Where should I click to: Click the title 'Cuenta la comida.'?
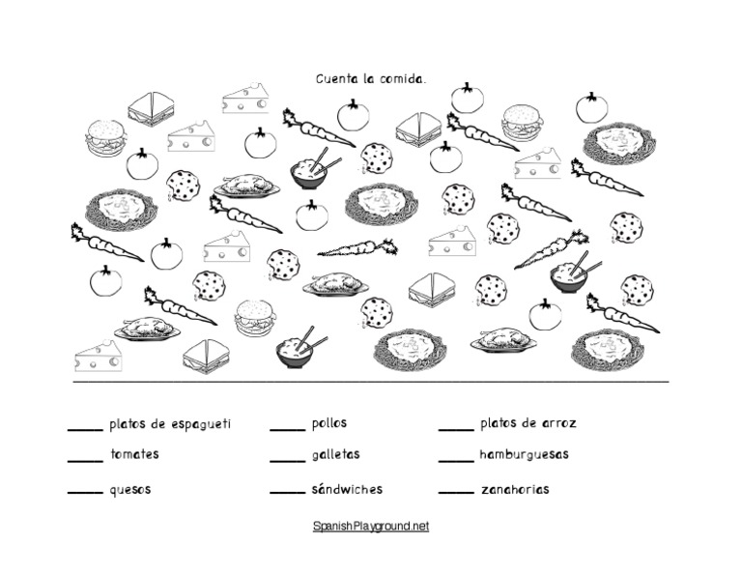(371, 78)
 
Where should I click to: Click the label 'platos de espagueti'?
(170, 424)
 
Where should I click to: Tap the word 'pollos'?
(329, 423)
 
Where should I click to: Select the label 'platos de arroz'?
(528, 423)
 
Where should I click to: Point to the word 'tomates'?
(135, 454)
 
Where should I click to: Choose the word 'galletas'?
(336, 455)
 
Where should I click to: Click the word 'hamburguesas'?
(525, 455)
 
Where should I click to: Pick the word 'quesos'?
(130, 490)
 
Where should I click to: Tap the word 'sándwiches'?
(348, 489)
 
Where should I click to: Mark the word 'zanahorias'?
(515, 489)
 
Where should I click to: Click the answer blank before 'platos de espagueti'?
(85, 430)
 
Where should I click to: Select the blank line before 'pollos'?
(288, 430)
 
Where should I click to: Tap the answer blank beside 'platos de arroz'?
(456, 430)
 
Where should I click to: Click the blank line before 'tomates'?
(85, 461)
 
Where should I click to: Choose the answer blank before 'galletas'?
(288, 461)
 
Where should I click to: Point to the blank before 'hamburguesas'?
(456, 461)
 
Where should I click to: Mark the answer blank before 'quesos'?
(85, 493)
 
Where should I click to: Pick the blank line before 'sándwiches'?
(288, 493)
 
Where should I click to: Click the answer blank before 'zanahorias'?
(456, 493)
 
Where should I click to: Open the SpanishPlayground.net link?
(371, 527)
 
